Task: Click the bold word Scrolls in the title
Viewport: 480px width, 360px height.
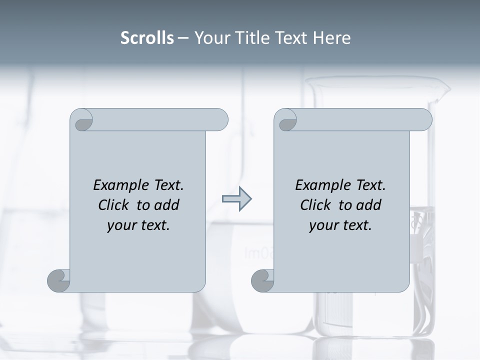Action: pos(147,38)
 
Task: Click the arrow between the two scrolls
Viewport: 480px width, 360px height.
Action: pos(236,199)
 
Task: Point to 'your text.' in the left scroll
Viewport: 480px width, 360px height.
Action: pos(138,225)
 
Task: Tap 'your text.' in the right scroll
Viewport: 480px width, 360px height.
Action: pos(340,225)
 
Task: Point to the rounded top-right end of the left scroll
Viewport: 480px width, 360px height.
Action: pos(220,119)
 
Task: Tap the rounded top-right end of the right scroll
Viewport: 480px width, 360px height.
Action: pos(424,119)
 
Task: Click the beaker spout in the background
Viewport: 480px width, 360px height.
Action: pos(443,90)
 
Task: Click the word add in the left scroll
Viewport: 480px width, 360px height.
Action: pos(167,205)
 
